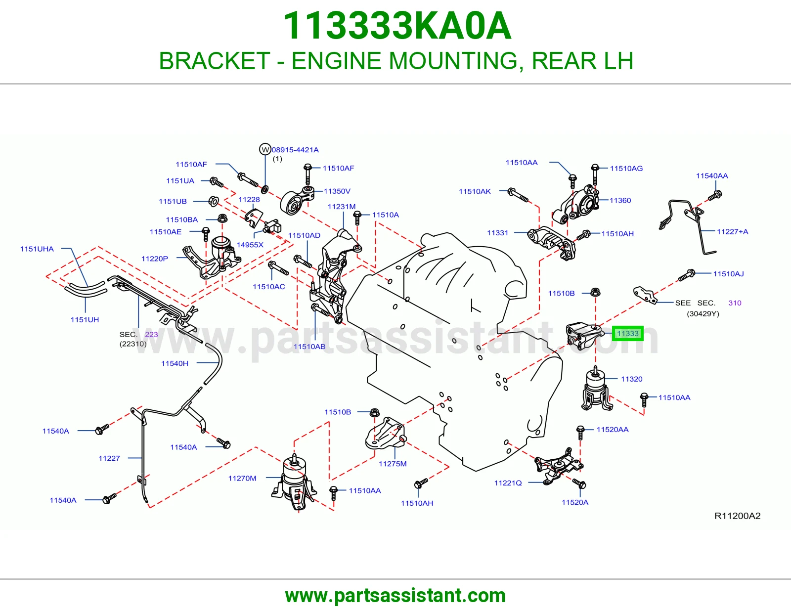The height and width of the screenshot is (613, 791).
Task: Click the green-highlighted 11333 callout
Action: point(627,333)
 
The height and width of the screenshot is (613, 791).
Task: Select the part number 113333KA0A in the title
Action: point(397,26)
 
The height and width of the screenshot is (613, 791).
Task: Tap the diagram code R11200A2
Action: point(738,516)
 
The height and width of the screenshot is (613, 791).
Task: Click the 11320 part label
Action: point(631,379)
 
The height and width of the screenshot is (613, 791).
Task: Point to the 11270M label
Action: point(242,479)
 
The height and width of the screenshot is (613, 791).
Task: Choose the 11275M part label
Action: point(393,464)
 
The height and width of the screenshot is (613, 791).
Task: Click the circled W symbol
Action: point(265,149)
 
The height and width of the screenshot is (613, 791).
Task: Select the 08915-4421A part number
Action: point(295,150)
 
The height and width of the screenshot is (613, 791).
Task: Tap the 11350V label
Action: point(337,191)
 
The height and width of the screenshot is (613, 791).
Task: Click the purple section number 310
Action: point(735,303)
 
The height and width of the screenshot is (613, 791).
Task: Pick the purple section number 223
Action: point(151,334)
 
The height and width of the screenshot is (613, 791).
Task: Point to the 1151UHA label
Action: point(37,249)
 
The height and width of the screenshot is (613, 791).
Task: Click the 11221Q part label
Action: point(508,483)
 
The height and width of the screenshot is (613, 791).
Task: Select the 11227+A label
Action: point(732,231)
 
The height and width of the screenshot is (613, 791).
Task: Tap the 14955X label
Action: point(250,245)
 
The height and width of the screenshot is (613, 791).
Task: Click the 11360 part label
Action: point(620,200)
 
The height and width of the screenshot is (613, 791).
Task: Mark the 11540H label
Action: point(175,363)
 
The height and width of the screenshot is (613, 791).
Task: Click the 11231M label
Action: point(342,207)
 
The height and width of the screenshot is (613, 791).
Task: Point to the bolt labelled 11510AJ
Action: point(687,275)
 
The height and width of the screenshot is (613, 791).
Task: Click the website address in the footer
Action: point(395,596)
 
